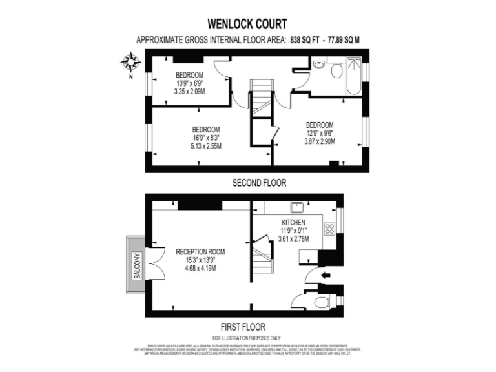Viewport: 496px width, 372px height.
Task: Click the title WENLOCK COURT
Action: click(247, 25)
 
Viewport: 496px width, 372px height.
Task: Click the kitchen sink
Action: click(298, 207)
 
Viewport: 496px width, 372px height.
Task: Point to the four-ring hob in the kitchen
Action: click(329, 229)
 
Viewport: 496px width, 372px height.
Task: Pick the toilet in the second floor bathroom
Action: click(336, 71)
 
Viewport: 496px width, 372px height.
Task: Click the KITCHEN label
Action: click(293, 222)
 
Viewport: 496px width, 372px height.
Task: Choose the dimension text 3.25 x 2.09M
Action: click(189, 92)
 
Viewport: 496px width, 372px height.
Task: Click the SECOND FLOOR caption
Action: click(259, 183)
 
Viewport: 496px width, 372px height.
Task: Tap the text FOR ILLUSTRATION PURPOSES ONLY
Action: click(247, 338)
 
